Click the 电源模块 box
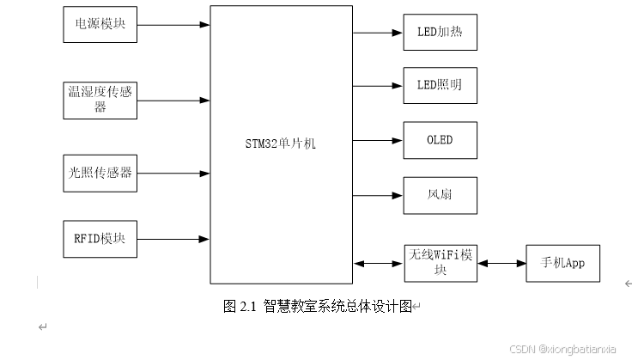(x=100, y=24)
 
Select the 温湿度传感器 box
(x=100, y=100)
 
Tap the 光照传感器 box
(x=100, y=173)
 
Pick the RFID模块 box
(x=100, y=239)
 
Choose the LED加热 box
(x=440, y=33)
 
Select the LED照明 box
(x=440, y=86)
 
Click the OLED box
(x=440, y=140)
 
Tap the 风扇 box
(x=440, y=195)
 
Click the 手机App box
(x=562, y=263)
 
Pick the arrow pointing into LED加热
(x=378, y=33)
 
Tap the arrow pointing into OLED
(x=378, y=140)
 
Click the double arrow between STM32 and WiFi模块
(x=378, y=263)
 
